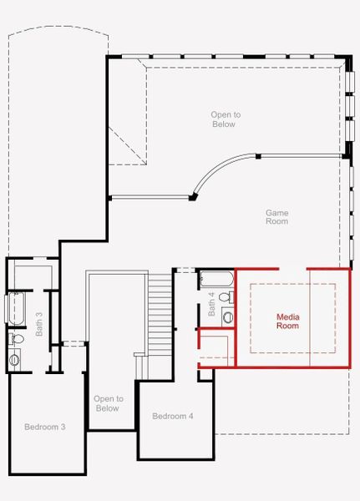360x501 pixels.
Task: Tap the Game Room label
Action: [x=277, y=217]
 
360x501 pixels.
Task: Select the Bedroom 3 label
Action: [x=44, y=427]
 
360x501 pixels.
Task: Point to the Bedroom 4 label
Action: [x=173, y=416]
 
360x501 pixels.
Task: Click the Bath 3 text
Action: [x=39, y=324]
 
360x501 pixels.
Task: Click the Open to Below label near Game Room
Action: [x=223, y=119]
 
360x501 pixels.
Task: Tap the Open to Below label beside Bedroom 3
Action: [x=108, y=403]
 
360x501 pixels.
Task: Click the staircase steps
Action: [x=160, y=313]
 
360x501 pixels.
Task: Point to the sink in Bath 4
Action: [x=228, y=317]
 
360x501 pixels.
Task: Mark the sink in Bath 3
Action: [x=15, y=359]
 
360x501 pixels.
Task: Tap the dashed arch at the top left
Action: [x=58, y=38]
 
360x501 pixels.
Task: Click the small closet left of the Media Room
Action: [x=216, y=349]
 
